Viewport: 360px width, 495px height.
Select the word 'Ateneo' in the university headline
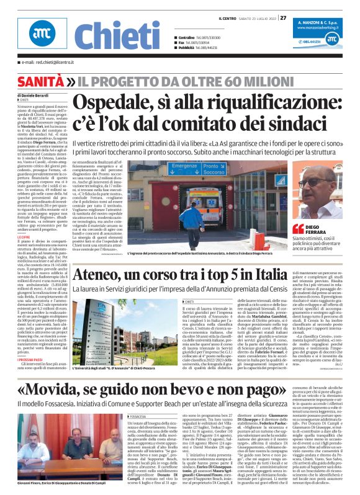pos(96,274)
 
